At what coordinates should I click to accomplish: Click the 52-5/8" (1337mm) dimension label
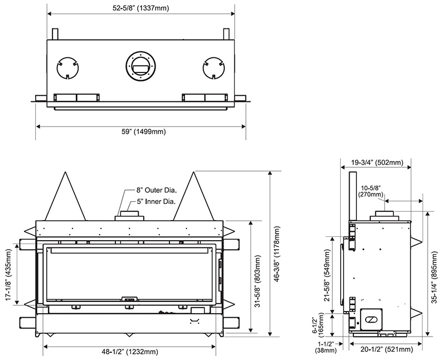pyautogui.click(x=141, y=7)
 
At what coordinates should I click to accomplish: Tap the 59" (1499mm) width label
pyautogui.click(x=141, y=132)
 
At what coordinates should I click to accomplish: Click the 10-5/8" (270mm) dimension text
pyautogui.click(x=371, y=191)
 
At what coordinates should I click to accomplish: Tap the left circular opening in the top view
pyautogui.click(x=68, y=69)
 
